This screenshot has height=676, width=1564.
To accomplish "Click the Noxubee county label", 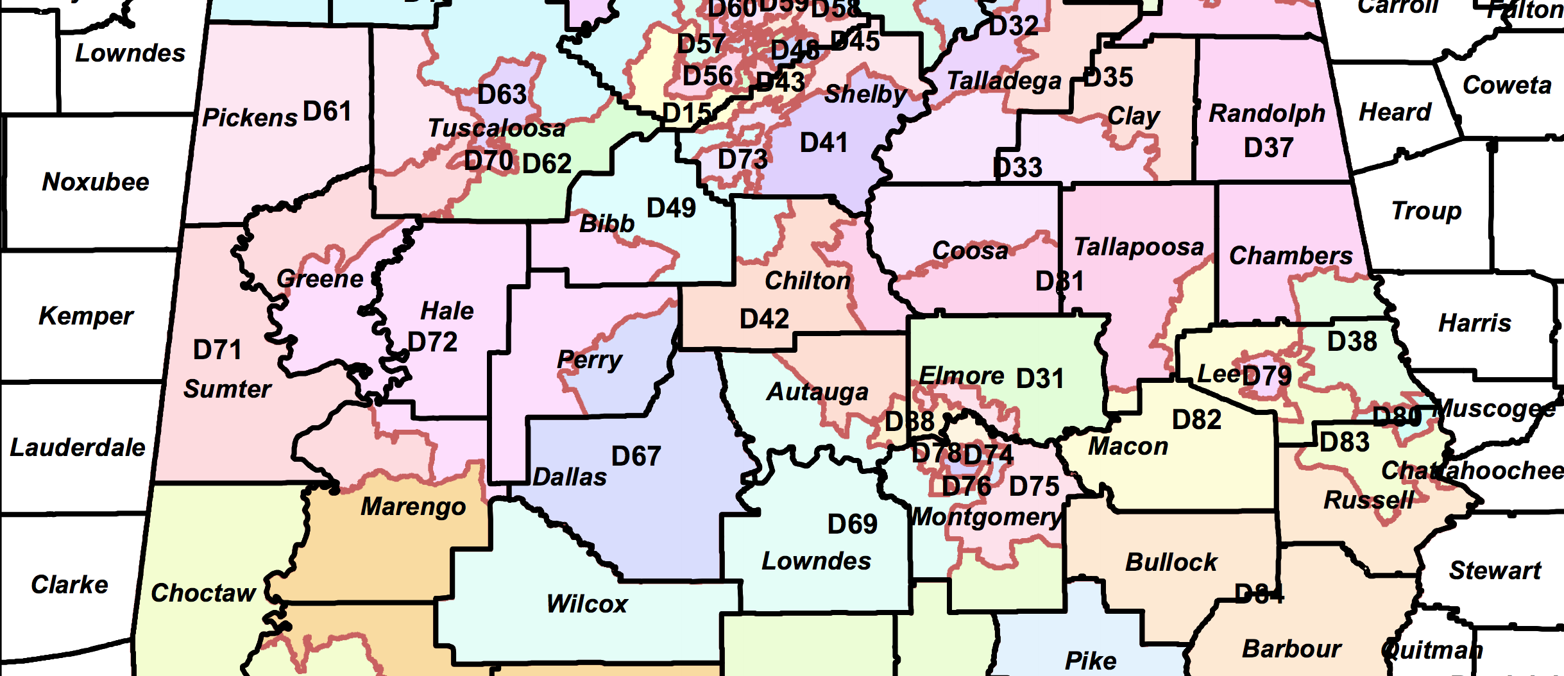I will point(96,182).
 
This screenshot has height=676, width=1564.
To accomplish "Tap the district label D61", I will point(327,112).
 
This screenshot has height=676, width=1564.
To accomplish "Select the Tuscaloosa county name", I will point(497,128).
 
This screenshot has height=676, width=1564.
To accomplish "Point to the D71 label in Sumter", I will point(217,350).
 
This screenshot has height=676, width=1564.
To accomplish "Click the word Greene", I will point(319,279).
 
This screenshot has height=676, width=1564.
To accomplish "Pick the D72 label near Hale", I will point(433,342).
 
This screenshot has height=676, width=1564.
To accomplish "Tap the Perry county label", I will point(590,360).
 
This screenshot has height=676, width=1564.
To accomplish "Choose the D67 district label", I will point(636,457).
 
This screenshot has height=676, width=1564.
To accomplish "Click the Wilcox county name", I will point(587,604).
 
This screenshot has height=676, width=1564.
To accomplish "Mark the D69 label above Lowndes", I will point(852,525).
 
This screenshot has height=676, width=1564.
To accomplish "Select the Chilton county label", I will point(808,281).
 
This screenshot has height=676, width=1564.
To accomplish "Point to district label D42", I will point(764,319).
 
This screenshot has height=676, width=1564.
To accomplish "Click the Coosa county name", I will point(970,251).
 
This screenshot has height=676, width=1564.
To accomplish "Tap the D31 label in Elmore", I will point(1040,378).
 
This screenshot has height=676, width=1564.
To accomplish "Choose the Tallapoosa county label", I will point(1139,247).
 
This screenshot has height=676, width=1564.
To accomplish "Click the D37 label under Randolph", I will point(1268,148).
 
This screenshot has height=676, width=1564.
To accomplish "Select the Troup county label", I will point(1426,211).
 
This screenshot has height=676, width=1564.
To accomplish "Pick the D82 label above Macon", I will point(1196,420).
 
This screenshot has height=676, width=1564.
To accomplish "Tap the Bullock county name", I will point(1171,562).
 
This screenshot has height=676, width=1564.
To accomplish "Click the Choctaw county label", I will point(203,593).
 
